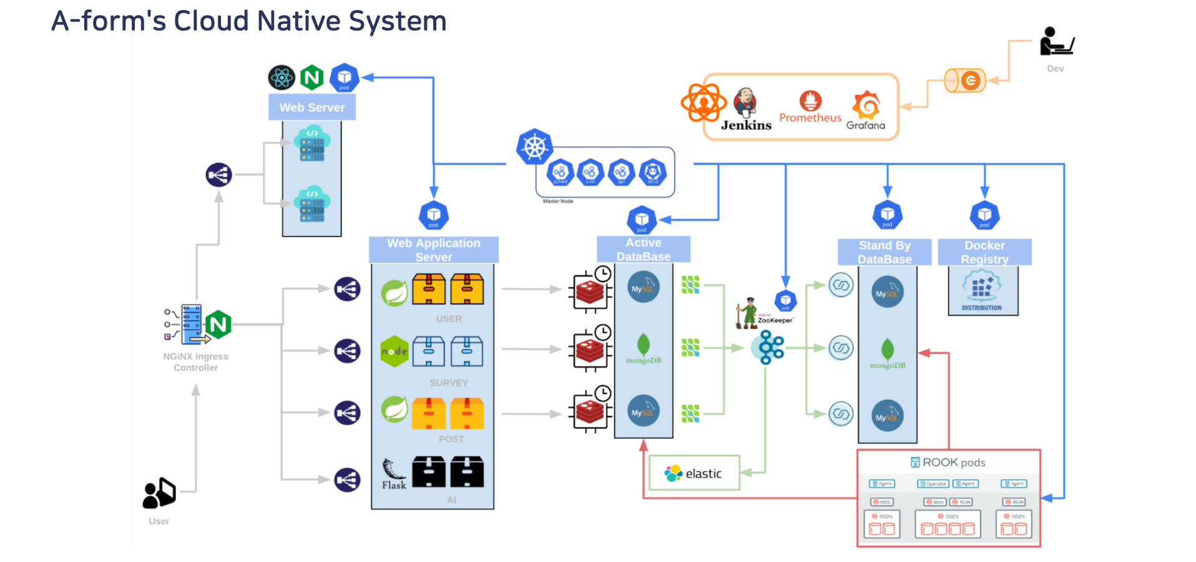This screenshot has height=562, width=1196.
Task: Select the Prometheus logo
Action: point(810,107)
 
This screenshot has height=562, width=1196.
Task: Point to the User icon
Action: point(159,493)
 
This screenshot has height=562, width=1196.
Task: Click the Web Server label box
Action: point(312,107)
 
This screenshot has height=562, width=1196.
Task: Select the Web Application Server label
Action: point(434,250)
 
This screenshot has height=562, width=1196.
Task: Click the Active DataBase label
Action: point(644,250)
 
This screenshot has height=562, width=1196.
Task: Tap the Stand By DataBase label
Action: point(885,252)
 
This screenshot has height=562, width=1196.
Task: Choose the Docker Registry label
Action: point(984,252)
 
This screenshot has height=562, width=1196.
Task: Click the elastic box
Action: point(694,473)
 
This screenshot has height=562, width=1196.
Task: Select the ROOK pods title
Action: point(948,463)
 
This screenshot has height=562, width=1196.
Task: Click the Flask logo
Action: point(394,474)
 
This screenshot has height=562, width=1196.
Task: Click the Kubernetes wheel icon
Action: point(534,147)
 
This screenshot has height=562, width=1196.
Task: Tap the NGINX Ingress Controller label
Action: point(195,362)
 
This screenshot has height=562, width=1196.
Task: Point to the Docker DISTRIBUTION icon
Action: point(982,290)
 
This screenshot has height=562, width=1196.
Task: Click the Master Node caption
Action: point(557,201)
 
